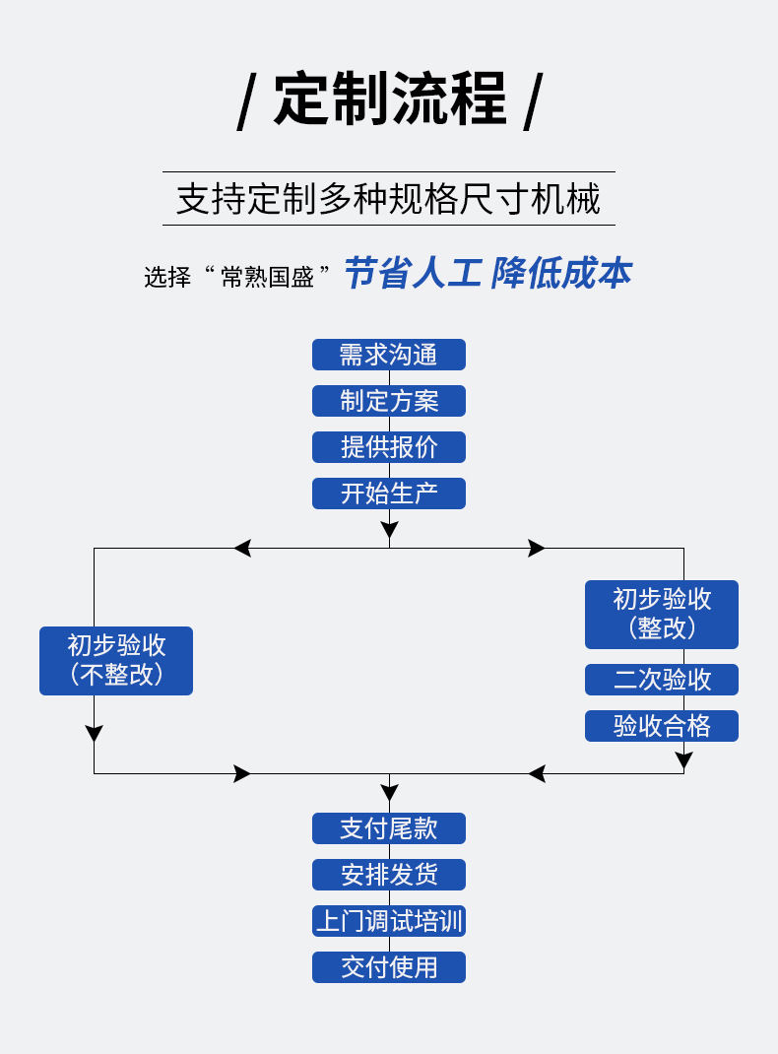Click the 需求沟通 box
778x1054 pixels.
point(388,355)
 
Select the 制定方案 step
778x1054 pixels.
point(388,401)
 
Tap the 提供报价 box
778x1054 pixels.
point(388,447)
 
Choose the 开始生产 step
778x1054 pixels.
point(388,494)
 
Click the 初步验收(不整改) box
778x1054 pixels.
point(116,661)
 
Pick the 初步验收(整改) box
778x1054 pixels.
point(661,615)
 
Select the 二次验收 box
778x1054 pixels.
point(661,680)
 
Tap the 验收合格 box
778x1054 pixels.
point(661,726)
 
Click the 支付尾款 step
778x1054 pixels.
point(388,828)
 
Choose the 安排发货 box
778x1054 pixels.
point(388,875)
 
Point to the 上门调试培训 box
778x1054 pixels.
point(388,921)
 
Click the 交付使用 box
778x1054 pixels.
point(388,967)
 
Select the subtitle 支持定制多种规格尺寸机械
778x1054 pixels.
point(388,199)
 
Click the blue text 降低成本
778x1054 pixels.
point(561,274)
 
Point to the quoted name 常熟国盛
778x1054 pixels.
point(267,277)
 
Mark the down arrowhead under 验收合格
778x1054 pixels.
point(683,760)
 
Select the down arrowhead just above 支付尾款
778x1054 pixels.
point(389,792)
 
